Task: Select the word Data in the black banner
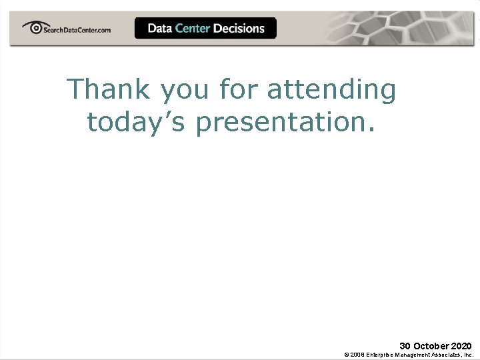pyautogui.click(x=160, y=28)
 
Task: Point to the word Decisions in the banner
pyautogui.click(x=239, y=28)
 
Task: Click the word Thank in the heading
pyautogui.click(x=109, y=89)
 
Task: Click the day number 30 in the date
pyautogui.click(x=405, y=346)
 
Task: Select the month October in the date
pyautogui.click(x=431, y=346)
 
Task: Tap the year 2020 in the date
pyautogui.click(x=461, y=346)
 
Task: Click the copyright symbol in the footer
pyautogui.click(x=347, y=355)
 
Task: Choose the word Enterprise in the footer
pyautogui.click(x=381, y=355)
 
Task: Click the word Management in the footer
pyautogui.click(x=415, y=355)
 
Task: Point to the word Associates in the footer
pyautogui.click(x=448, y=355)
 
